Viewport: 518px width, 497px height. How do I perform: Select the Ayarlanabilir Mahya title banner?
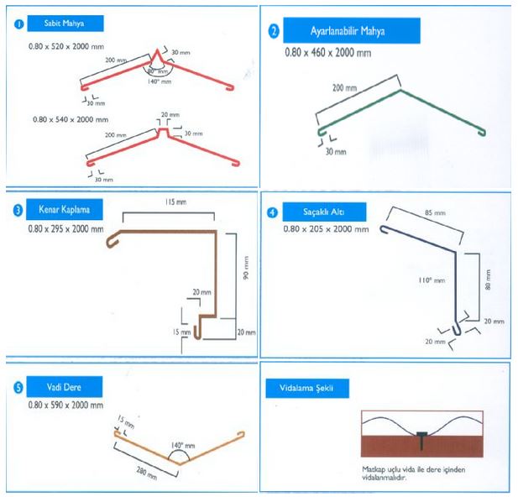tap(348, 33)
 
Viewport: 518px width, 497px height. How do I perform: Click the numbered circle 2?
tap(273, 33)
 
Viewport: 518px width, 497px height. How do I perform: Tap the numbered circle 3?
tap(18, 212)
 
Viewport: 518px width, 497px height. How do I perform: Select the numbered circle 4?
tap(271, 212)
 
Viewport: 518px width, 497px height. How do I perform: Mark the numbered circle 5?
tap(18, 387)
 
